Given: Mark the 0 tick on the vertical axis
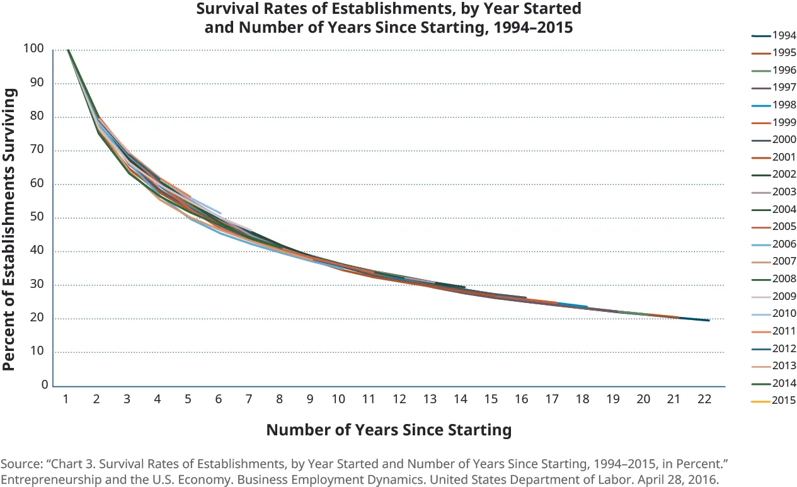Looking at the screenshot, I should pos(45,384).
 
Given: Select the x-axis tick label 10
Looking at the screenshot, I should pos(338,399).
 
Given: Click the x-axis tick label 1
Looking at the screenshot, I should pos(66,399).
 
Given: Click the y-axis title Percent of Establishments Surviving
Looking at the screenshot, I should pos(10,229).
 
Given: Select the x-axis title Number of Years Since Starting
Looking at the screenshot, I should pos(388,430).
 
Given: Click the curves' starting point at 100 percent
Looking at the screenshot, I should pos(67,50).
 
